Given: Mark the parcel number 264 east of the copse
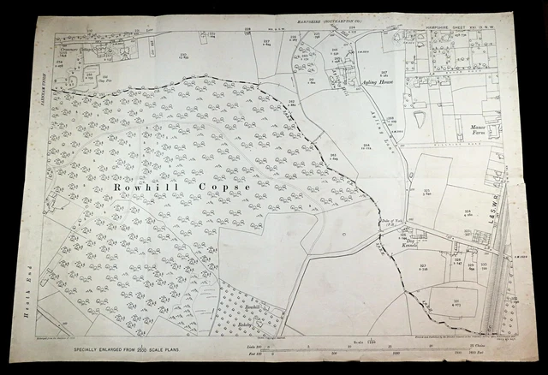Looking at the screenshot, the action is pos(365,146).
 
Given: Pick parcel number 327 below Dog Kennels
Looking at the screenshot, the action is pos(425,268).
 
